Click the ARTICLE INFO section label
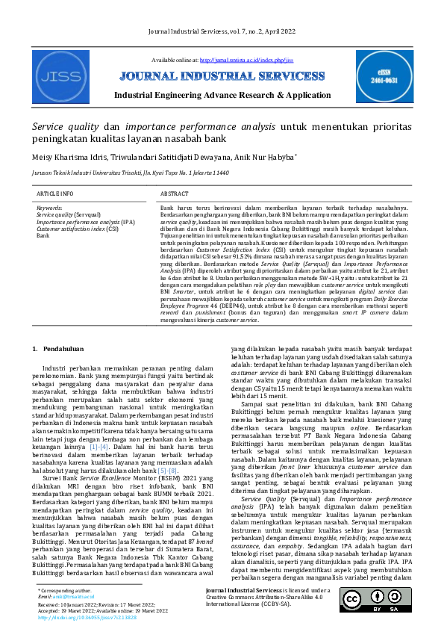55,193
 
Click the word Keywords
49,208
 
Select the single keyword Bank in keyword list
43,235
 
